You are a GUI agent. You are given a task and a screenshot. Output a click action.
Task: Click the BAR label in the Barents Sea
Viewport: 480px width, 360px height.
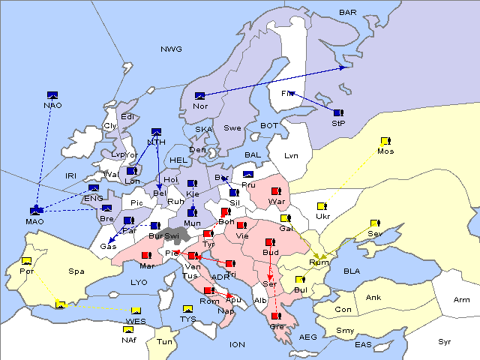click(x=348, y=13)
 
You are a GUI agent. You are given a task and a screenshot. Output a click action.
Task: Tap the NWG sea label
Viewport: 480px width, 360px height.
click(x=171, y=49)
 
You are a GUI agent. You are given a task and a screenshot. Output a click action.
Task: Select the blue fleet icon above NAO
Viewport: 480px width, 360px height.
click(x=52, y=94)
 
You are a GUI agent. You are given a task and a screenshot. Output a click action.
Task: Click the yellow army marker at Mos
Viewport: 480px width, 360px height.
click(x=385, y=140)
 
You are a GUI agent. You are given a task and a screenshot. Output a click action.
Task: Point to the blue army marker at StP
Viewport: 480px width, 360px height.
click(x=338, y=112)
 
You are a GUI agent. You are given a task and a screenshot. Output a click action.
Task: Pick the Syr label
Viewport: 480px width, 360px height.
click(x=445, y=341)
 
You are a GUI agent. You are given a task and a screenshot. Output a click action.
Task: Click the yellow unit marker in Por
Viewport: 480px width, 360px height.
click(x=27, y=261)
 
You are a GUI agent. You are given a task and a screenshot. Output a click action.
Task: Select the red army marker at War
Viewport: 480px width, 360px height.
click(x=276, y=191)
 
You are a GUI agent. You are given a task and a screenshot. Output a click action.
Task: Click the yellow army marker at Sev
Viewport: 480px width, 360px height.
click(x=375, y=223)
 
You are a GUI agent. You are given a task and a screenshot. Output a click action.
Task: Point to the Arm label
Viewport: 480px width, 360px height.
click(x=462, y=300)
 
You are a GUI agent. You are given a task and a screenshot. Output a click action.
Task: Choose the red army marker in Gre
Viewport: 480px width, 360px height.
click(x=276, y=316)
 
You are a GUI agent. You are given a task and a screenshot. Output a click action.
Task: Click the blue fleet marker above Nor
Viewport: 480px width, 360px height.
click(x=200, y=95)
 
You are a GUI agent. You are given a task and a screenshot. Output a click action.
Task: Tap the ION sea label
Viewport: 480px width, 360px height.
click(x=238, y=344)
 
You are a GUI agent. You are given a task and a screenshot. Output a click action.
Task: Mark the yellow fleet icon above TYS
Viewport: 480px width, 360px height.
click(x=188, y=308)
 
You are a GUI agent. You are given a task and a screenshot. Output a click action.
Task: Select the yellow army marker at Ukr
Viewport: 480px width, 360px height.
click(x=322, y=205)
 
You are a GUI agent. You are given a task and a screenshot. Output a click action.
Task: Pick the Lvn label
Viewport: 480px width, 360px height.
click(x=292, y=156)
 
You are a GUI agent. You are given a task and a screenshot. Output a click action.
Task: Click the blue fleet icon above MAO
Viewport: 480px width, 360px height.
click(x=35, y=211)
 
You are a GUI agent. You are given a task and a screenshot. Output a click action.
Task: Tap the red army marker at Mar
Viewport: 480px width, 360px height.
click(x=146, y=255)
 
